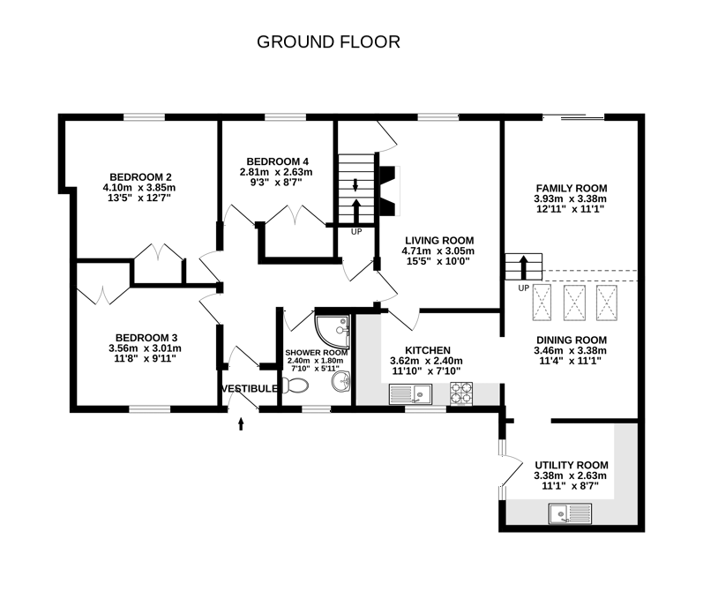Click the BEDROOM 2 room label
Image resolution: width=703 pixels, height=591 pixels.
[139, 176]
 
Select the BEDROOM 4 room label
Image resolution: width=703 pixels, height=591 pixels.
[276, 161]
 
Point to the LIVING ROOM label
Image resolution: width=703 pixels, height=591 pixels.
[438, 240]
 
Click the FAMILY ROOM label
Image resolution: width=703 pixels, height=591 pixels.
[572, 188]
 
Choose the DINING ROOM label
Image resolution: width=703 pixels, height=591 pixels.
[571, 340]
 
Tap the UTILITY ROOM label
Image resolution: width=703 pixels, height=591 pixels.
[571, 465]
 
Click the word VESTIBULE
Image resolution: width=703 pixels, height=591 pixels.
[251, 389]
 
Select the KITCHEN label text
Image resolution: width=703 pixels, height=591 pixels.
[427, 350]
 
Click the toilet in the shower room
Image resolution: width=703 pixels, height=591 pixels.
[297, 386]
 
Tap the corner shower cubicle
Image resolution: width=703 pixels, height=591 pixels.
[333, 332]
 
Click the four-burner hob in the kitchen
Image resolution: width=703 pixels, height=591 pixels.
[462, 393]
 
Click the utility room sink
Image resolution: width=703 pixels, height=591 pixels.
[570, 512]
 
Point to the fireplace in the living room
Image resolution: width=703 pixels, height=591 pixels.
[389, 191]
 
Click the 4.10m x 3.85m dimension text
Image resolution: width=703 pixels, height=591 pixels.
[139, 187]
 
